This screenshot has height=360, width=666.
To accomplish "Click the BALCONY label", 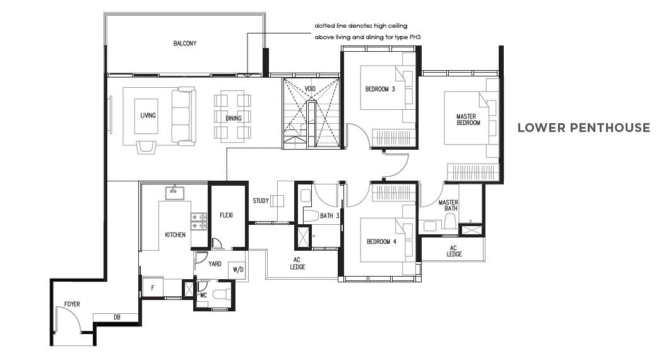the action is (x=185, y=44).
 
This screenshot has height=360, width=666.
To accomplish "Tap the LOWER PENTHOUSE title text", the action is (x=583, y=128).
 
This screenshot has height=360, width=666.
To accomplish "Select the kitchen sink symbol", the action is (x=175, y=193).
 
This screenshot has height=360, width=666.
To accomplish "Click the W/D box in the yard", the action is (x=238, y=270).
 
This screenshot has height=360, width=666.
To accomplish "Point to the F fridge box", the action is (x=153, y=288).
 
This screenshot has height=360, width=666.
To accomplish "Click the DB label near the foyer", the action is (x=117, y=318).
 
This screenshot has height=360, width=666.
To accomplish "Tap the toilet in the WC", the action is (x=222, y=294).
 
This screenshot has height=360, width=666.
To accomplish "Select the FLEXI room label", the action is (x=227, y=215).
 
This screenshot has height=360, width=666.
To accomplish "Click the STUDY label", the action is (x=261, y=201).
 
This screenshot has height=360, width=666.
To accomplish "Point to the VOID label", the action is (x=310, y=89).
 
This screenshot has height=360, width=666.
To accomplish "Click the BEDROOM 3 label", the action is (x=380, y=89).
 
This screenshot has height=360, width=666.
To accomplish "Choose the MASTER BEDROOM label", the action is (x=468, y=119).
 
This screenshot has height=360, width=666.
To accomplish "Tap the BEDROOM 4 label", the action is (x=381, y=242).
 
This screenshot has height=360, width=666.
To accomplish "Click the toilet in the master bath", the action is (x=450, y=220).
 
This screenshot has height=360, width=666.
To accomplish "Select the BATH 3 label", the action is (x=330, y=216).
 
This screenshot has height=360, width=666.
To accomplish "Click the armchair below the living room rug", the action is (x=146, y=147).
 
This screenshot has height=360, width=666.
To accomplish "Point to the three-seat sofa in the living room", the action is (x=184, y=116).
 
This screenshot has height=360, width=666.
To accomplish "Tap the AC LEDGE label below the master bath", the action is (x=454, y=251).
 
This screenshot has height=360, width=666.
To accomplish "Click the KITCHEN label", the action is (x=175, y=234).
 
